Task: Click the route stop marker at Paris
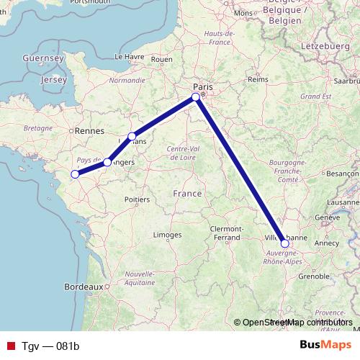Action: pos(196,96)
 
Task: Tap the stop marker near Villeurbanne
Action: pos(285,243)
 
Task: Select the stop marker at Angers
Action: pos(107,162)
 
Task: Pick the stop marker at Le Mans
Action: pos(132,136)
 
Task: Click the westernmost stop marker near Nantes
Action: pos(75,174)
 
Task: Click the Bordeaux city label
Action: pos(81,287)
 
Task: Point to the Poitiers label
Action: pos(136,198)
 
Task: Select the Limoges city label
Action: pos(167,235)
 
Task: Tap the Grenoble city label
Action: pos(314,275)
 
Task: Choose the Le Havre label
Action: pos(130,55)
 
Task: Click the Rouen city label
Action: pos(162,59)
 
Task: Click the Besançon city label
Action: pos(342,174)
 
